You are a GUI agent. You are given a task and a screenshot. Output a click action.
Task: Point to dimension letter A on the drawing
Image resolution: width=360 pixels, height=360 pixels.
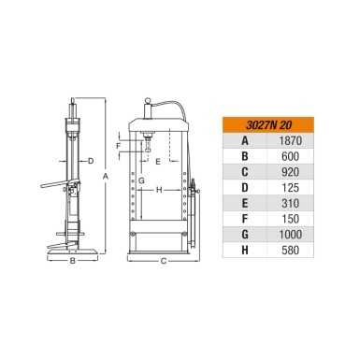click(106, 175)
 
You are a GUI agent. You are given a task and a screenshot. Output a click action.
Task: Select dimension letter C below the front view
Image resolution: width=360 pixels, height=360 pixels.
click(162, 261)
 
